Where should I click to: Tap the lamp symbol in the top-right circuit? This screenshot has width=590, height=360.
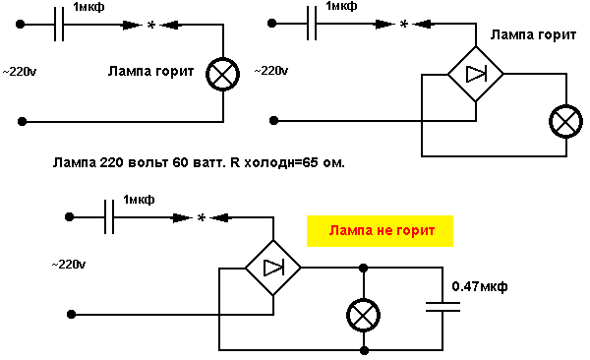563,121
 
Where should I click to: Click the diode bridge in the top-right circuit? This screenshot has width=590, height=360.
476,73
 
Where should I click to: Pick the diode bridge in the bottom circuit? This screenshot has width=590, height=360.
272,267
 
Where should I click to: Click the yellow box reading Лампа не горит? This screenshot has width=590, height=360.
379,232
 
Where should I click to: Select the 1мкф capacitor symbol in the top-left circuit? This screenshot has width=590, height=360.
59,26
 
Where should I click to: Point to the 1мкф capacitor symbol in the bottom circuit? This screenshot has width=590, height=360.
109,217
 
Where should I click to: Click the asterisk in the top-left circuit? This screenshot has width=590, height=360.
150,27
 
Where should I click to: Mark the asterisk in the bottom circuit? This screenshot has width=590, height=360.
201,218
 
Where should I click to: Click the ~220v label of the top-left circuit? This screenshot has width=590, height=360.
23,72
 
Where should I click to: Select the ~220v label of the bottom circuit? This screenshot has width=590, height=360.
69,266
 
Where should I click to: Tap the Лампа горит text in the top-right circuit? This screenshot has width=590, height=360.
532,34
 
